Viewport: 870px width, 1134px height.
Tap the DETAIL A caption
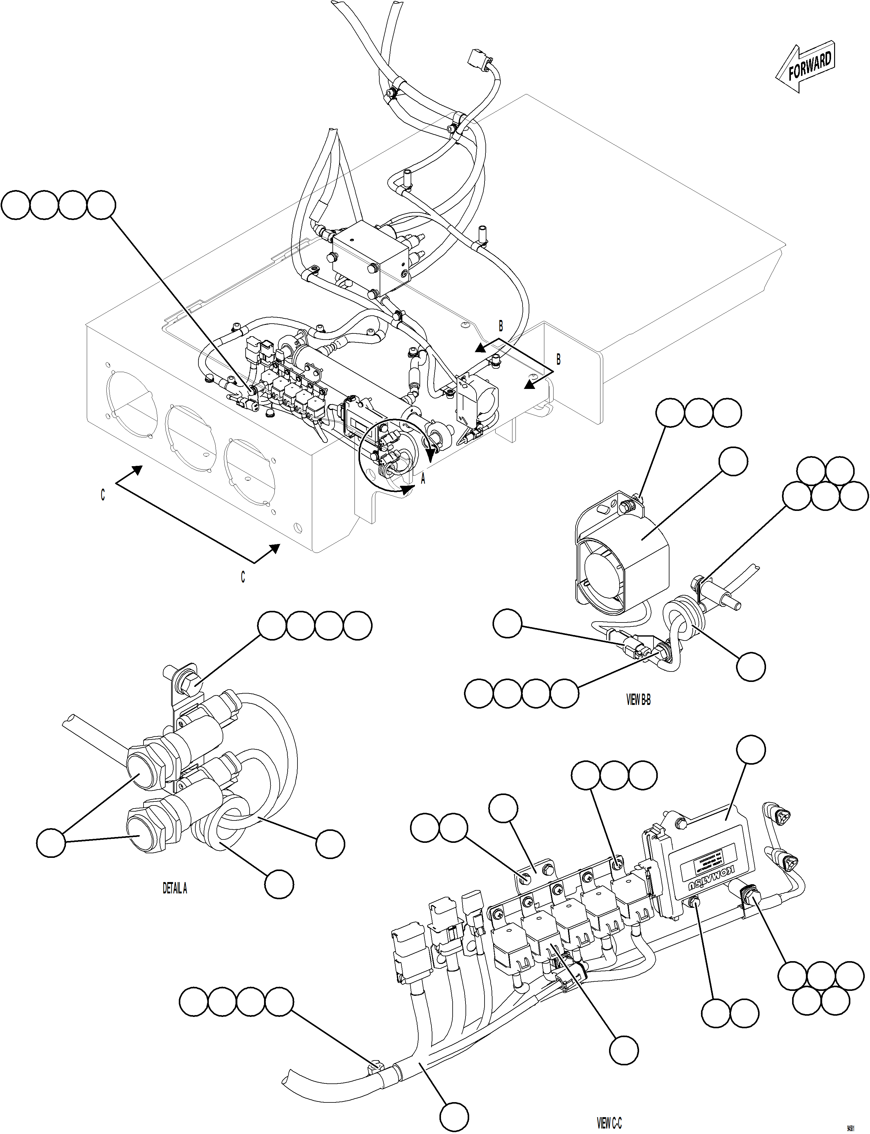click(174, 888)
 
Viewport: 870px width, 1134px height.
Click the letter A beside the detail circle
click(423, 480)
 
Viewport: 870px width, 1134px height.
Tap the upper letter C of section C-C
click(102, 495)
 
